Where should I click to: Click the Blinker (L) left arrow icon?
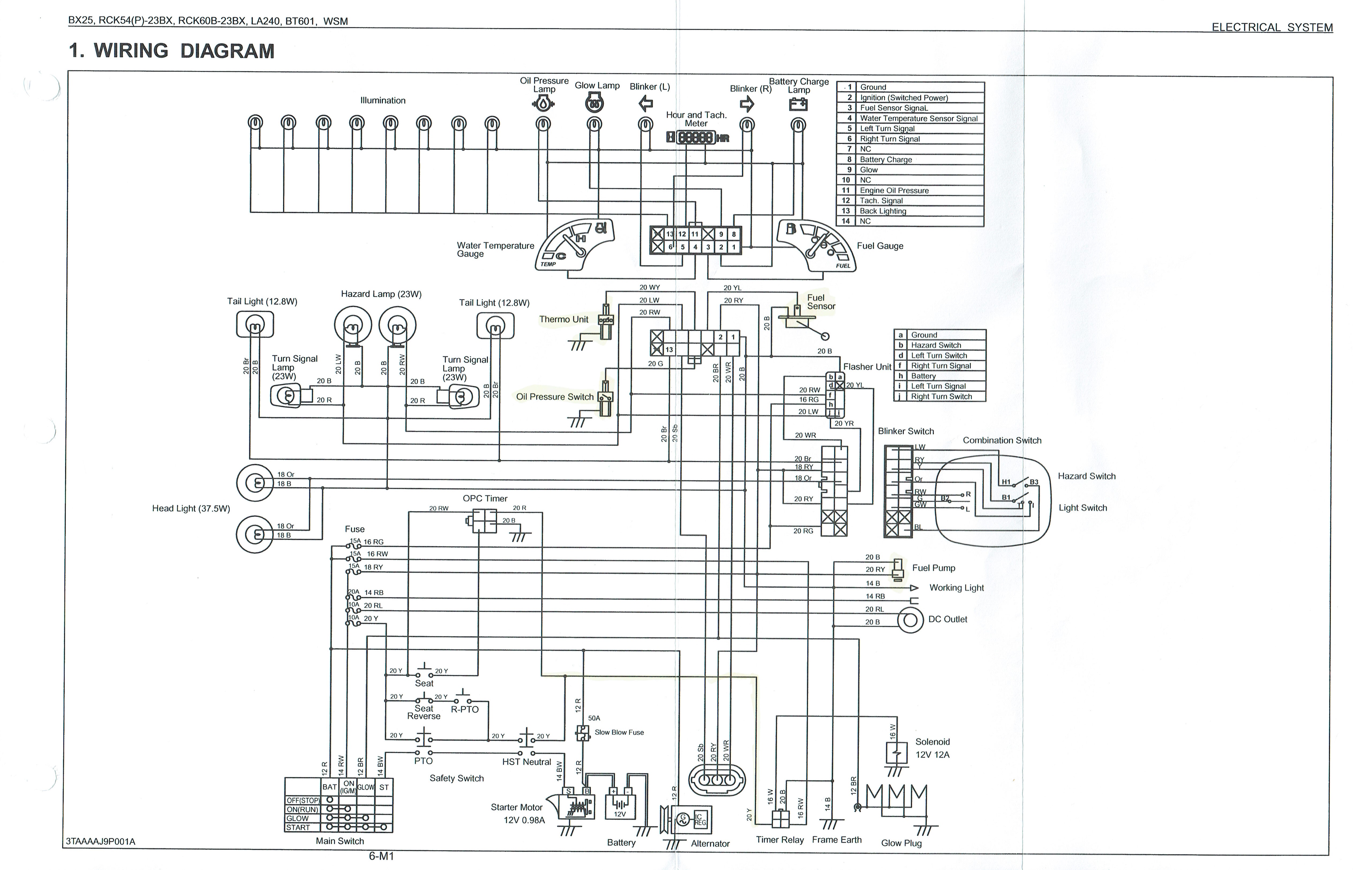645,103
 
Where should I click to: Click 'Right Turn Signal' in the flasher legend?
941,365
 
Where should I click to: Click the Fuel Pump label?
934,568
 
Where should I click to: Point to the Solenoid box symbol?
896,753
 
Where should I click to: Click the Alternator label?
710,844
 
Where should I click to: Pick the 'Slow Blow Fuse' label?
619,732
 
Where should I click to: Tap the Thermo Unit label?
564,319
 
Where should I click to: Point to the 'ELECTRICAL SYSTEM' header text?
1272,27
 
